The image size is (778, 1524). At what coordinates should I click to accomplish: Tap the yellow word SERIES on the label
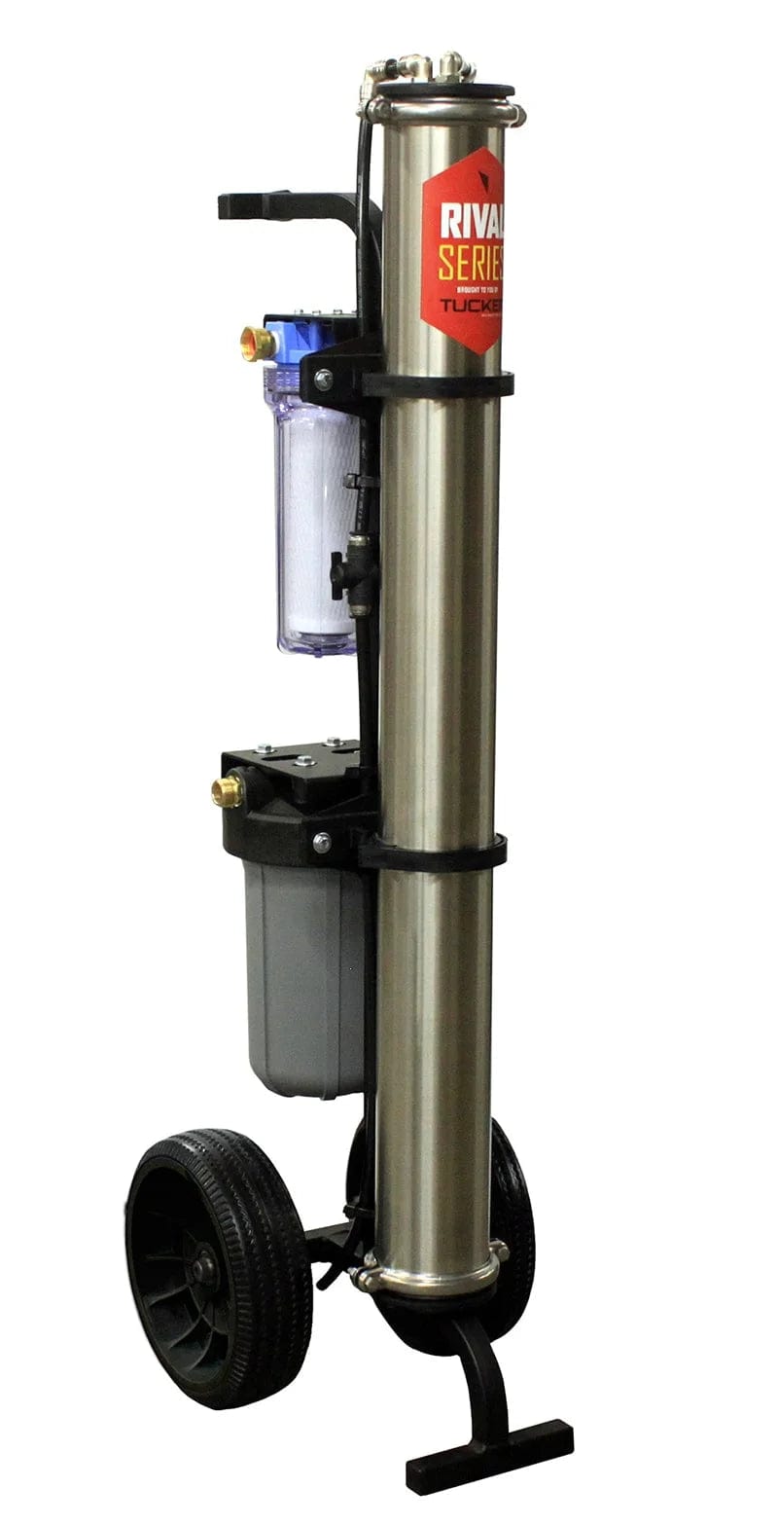[x=471, y=264]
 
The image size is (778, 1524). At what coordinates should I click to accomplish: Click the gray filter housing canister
[x=301, y=983]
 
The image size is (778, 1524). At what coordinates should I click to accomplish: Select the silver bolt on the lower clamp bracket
[x=321, y=842]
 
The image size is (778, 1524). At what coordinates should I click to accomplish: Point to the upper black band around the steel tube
[x=438, y=384]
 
